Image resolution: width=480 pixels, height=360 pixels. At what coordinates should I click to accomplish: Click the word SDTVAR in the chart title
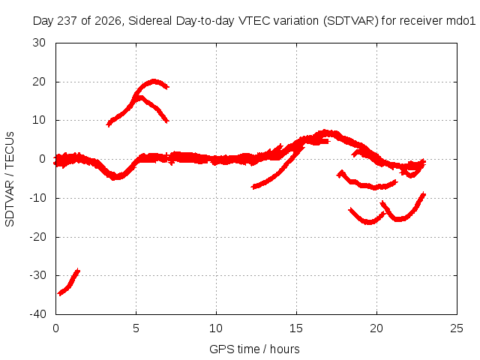click(351, 21)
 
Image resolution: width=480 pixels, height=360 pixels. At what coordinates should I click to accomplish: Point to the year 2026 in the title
click(108, 21)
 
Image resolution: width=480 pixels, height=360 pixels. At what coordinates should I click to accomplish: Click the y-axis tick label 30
click(39, 43)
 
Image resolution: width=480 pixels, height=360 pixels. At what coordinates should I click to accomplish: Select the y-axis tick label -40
click(37, 314)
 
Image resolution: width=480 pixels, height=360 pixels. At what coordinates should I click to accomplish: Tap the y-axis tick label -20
click(37, 237)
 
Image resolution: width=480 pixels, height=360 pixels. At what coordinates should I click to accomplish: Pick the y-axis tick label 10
click(39, 120)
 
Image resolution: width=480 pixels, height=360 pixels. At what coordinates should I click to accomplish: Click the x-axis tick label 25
click(457, 328)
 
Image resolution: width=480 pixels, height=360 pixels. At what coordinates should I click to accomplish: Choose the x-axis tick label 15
click(296, 328)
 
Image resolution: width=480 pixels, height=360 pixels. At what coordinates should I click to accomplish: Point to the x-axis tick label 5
click(136, 328)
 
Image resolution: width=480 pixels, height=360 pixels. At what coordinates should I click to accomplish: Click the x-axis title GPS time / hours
click(254, 349)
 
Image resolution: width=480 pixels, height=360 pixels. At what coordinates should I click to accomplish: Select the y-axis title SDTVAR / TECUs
click(10, 179)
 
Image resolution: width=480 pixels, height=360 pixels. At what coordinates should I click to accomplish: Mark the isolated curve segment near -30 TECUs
click(69, 283)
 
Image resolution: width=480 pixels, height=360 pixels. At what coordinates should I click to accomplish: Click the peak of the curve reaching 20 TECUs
click(154, 82)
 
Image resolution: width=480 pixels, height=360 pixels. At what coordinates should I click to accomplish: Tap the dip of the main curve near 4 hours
click(116, 177)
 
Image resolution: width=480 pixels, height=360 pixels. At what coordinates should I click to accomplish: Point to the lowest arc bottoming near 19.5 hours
click(368, 222)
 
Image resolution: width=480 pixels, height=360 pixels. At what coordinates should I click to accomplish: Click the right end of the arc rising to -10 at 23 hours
click(424, 194)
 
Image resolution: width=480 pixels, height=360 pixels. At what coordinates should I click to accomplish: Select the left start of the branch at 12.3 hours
click(253, 187)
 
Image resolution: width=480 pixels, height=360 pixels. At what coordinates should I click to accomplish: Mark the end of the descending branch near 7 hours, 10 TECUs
click(167, 121)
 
